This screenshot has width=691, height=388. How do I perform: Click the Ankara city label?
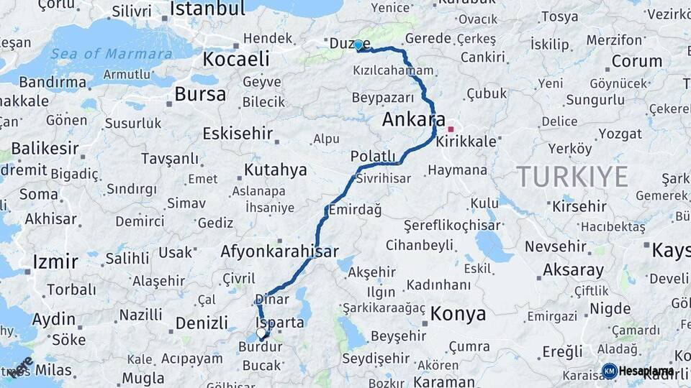click(x=414, y=120)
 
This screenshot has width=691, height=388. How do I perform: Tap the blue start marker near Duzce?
click(x=358, y=45)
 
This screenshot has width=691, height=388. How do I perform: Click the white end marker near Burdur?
click(x=261, y=333)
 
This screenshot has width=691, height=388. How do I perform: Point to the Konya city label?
click(x=458, y=314)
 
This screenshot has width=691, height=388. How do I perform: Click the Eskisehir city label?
click(x=238, y=134)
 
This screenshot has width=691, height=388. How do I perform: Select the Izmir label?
click(x=55, y=262)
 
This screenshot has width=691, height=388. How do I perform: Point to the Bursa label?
click(x=200, y=94)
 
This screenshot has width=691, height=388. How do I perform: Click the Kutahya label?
click(x=275, y=170)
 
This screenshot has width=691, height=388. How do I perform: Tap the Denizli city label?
click(x=202, y=323)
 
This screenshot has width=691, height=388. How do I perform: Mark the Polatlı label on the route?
click(x=373, y=157)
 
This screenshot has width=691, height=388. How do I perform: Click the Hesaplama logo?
click(x=636, y=371)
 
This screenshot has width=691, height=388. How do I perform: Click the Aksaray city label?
click(x=574, y=271)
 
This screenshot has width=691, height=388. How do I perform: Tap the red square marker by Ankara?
click(x=451, y=129)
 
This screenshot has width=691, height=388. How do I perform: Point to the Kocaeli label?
click(x=236, y=59)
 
